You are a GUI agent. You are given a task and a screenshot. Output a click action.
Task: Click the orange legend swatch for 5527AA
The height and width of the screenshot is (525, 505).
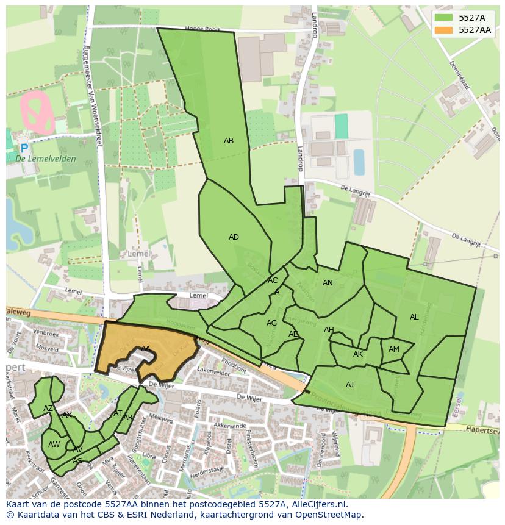[x=445, y=30]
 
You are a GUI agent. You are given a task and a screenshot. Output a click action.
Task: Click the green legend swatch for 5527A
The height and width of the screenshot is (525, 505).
[x=445, y=18]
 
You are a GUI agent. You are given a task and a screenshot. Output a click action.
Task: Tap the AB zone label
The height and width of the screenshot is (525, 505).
[x=229, y=141]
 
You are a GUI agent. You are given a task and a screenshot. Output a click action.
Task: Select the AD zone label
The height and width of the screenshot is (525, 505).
[x=234, y=237]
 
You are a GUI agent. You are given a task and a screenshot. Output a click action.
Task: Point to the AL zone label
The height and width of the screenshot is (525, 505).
[x=414, y=317]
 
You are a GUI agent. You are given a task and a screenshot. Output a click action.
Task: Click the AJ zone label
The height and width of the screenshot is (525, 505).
[x=349, y=385]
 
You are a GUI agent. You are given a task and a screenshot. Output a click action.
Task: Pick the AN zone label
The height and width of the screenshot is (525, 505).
[x=328, y=283]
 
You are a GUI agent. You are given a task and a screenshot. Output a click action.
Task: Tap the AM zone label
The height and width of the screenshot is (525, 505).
[x=394, y=349]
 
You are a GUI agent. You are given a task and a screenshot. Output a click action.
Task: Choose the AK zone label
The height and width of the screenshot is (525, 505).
[x=358, y=354]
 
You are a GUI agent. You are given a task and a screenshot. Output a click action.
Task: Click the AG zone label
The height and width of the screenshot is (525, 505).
[x=272, y=323]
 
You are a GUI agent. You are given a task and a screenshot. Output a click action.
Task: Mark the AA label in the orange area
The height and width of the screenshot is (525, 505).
[x=146, y=349]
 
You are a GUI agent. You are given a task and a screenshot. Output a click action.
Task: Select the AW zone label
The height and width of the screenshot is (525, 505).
[x=54, y=445]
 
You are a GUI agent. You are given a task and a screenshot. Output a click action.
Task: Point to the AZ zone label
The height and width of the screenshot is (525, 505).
[x=48, y=409]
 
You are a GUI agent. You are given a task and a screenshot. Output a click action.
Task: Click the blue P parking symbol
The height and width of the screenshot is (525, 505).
[x=24, y=148]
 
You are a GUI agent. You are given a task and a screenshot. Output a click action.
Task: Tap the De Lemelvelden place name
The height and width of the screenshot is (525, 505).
[x=46, y=159]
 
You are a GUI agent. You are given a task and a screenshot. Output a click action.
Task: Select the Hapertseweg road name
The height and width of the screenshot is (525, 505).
[x=482, y=430]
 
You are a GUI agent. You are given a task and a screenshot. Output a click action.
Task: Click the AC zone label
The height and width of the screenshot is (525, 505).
[x=273, y=280]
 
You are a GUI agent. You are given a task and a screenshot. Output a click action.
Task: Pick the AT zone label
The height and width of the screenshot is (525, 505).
[x=118, y=413]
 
